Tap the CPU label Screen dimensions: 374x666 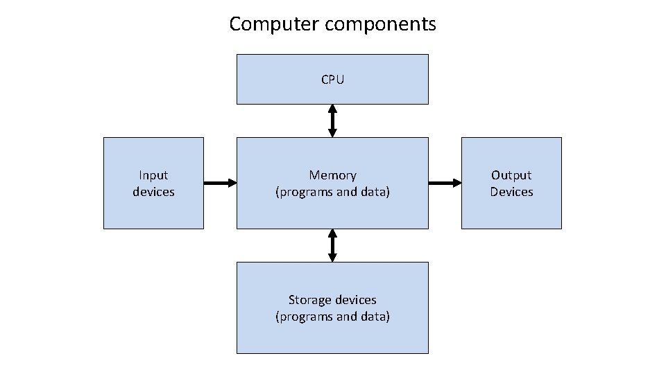click(332, 80)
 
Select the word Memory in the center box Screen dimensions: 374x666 click(332, 175)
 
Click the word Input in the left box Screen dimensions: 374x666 click(153, 175)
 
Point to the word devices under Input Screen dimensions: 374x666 click(153, 192)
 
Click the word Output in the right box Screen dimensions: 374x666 click(511, 175)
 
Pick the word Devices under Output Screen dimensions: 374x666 click(511, 192)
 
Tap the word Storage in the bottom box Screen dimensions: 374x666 click(310, 300)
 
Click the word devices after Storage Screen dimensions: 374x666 click(355, 300)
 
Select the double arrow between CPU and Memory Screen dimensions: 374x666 click(332, 121)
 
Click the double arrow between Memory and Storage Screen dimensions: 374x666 click(332, 245)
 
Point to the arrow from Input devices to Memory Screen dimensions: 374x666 click(220, 183)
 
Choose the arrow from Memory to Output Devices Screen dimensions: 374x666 click(445, 183)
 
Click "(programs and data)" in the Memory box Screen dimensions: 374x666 click(332, 192)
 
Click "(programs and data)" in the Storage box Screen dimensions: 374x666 click(332, 317)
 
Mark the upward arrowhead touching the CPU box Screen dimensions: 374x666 click(332, 109)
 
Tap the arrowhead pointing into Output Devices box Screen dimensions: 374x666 click(456, 183)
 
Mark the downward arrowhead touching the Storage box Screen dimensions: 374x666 click(332, 257)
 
